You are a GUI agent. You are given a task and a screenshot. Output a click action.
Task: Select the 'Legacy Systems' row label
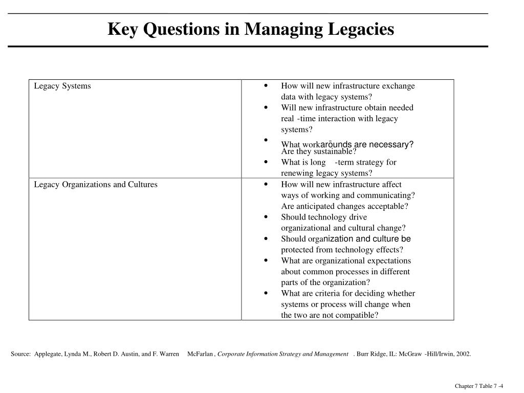point(62,86)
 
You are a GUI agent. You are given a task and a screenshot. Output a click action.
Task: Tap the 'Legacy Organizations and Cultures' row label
point(96,184)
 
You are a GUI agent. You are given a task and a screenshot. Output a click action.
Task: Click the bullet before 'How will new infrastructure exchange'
point(266,85)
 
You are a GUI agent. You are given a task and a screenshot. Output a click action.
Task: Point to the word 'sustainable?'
point(334,151)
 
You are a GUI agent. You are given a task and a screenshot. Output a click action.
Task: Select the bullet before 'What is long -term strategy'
point(266,162)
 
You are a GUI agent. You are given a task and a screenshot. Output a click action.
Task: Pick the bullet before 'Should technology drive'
point(266,217)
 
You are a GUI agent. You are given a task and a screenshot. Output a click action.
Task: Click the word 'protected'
point(296,250)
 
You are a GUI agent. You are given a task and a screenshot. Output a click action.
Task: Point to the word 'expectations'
point(389,260)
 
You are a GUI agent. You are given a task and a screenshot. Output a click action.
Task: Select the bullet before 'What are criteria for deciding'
point(266,293)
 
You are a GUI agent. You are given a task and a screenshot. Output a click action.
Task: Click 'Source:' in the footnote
point(21,354)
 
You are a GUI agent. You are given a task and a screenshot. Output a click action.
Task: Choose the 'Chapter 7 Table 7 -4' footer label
point(479,386)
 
